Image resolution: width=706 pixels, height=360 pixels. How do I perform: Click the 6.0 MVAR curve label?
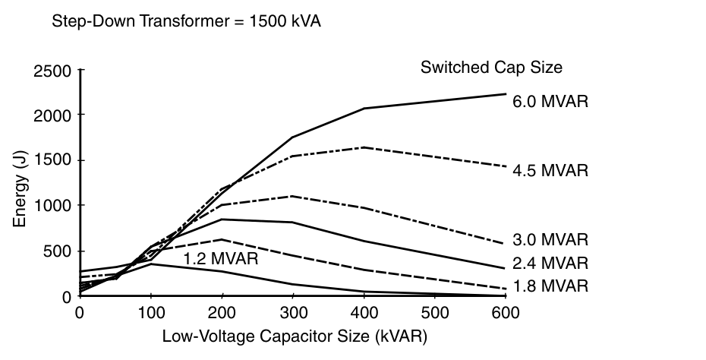550,102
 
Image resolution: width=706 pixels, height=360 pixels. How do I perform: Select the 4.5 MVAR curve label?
550,170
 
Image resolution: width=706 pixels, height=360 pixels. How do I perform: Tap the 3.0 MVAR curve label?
550,240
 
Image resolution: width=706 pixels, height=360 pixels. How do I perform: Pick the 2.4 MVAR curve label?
550,264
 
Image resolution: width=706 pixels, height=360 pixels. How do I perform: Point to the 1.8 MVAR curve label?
550,286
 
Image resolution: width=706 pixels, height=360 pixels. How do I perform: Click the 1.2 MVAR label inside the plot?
221,259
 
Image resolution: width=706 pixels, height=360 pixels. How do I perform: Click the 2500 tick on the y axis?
52,71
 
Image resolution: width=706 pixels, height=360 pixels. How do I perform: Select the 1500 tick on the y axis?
52,160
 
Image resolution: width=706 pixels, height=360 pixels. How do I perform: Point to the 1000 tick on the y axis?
52,206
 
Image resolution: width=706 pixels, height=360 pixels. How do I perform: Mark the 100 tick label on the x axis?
150,313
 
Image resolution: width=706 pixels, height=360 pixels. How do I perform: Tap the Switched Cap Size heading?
491,67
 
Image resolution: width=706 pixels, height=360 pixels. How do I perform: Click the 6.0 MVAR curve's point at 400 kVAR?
364,109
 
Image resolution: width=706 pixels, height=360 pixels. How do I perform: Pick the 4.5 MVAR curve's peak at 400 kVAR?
364,147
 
